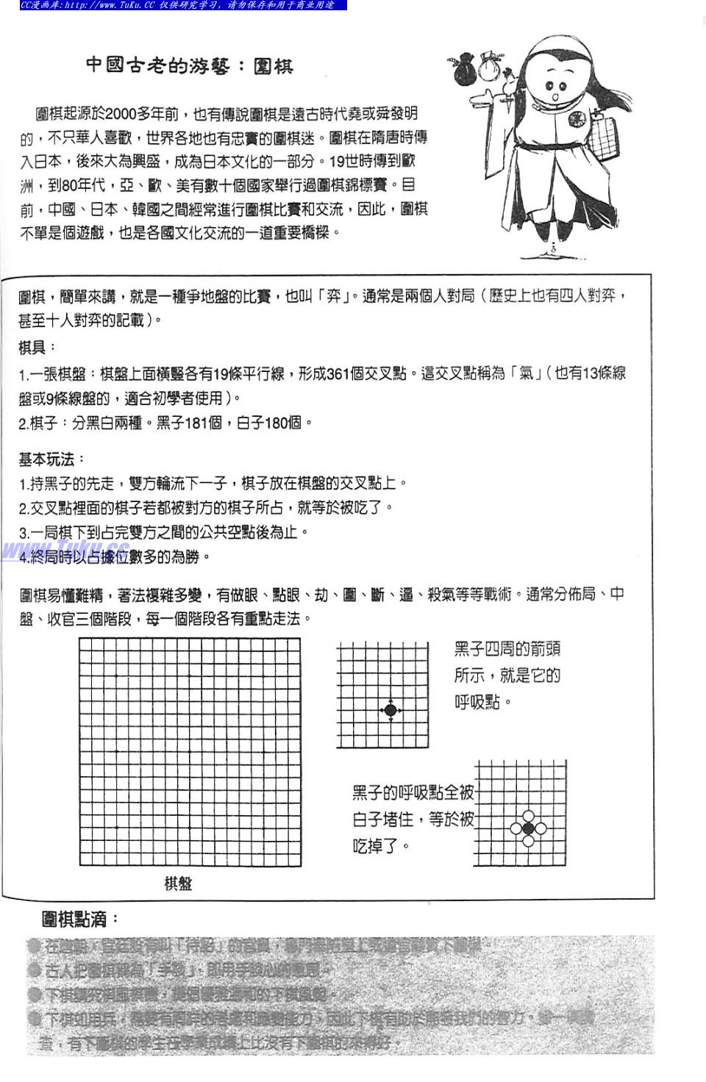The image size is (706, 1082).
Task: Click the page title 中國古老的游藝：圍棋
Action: point(189,65)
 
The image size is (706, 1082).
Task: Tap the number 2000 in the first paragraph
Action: point(121,114)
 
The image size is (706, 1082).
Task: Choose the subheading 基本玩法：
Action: point(51,459)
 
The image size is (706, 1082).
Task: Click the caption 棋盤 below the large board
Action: point(178,883)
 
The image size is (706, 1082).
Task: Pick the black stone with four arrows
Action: point(391,709)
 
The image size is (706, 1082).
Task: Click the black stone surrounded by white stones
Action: point(528,828)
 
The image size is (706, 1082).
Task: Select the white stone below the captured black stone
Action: point(528,841)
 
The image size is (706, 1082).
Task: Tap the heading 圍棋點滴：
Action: point(80,919)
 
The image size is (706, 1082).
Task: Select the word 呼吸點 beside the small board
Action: point(477,702)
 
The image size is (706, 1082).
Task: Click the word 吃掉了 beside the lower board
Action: point(377,846)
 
